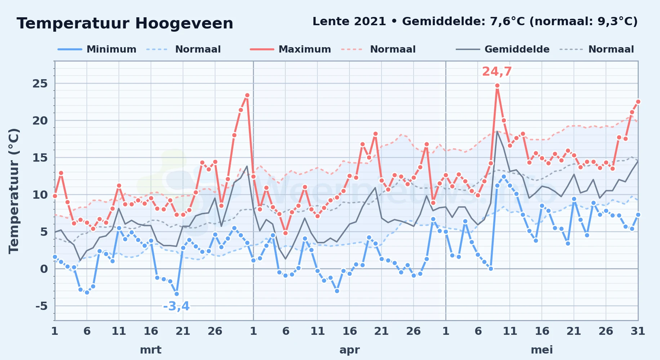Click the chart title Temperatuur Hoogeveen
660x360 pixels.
coord(125,23)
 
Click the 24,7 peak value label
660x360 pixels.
coord(497,72)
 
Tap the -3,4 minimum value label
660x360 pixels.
coord(176,306)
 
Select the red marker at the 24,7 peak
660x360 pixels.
coord(497,86)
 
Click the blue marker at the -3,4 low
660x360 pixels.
coord(177,294)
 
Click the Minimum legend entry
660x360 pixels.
coord(97,49)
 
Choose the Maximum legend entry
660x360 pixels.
coord(290,49)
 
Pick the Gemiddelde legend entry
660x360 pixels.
coord(503,49)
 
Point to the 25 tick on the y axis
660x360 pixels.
coord(40,84)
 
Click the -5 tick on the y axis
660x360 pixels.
coord(41,306)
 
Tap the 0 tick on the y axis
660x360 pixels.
coord(44,269)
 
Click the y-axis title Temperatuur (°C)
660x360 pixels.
coord(14,191)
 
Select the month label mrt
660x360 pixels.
coord(151,350)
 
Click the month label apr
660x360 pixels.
coord(349,350)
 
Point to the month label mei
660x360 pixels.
coord(542,350)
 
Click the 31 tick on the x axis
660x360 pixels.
coord(638,331)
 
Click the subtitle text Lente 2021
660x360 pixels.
coord(349,21)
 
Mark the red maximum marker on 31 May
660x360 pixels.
coord(638,102)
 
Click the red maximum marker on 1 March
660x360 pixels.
coord(55,196)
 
